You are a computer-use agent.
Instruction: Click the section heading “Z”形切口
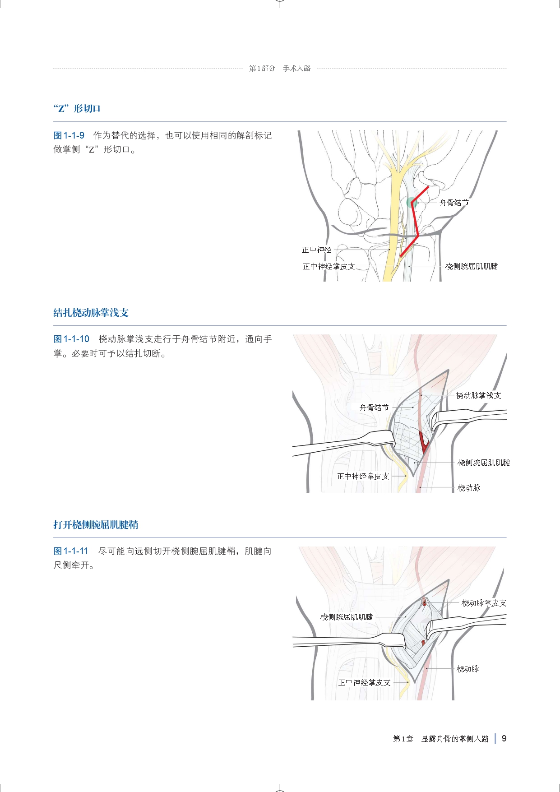pos(77,109)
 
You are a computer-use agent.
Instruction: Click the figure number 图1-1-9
pos(69,135)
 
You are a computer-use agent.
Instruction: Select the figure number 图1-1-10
pos(71,339)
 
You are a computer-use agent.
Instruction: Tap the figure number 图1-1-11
pos(71,551)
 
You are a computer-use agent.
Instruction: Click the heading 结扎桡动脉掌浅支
pos(91,313)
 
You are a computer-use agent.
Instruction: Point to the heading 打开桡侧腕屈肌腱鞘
pos(96,525)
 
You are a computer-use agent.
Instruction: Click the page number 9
pos(504,738)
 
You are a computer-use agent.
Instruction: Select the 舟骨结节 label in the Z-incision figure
pos(454,203)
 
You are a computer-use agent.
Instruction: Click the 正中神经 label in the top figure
pos(316,250)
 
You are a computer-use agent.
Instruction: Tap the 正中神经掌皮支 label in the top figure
pos(329,266)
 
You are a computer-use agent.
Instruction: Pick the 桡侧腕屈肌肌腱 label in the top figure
pos(472,266)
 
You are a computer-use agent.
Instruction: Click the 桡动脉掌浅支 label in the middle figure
pos(478,395)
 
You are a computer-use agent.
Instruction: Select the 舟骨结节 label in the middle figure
pos(374,408)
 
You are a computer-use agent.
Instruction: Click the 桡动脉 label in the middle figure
pos(469,488)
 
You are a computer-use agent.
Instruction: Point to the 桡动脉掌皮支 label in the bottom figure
pos(484,603)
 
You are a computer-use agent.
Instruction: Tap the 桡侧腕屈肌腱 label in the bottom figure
pos(347,617)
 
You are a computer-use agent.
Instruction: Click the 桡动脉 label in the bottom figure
pos(467,669)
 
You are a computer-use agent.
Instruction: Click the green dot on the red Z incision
pos(411,203)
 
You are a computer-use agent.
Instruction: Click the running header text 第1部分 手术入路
pos(280,69)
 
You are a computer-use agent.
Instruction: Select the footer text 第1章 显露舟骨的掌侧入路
pos(441,739)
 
